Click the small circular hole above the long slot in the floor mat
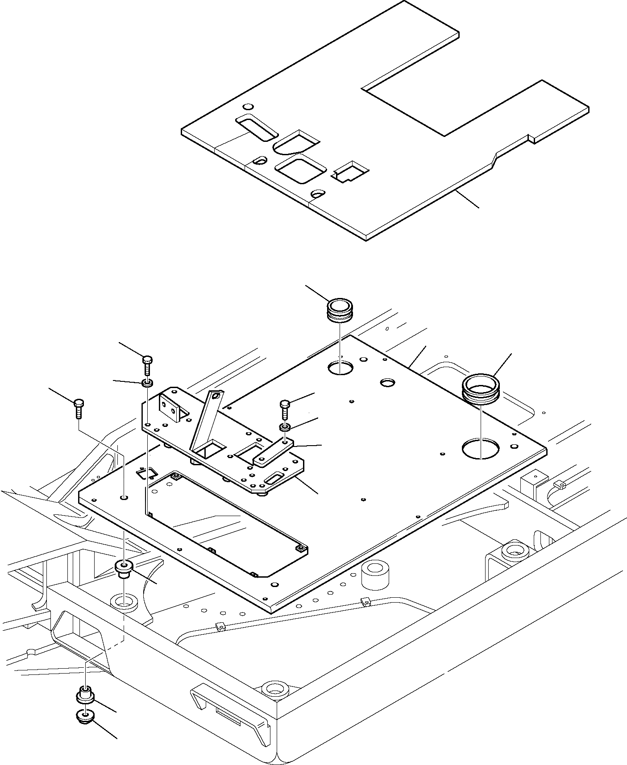[249, 107]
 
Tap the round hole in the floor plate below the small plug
[340, 368]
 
